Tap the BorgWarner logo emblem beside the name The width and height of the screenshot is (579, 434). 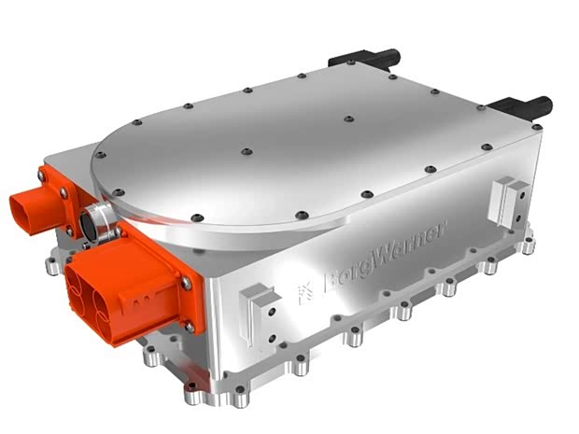click(306, 293)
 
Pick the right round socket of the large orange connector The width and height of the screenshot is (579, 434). click(107, 309)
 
